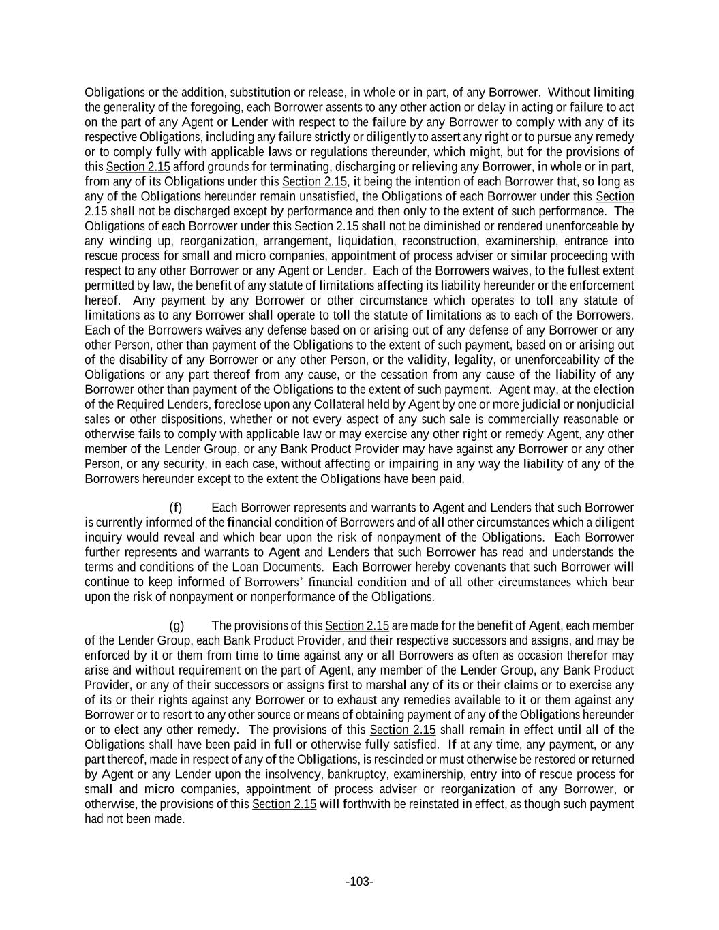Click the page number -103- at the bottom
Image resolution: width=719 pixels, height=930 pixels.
coord(359,882)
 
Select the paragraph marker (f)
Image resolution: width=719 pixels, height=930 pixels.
coord(176,508)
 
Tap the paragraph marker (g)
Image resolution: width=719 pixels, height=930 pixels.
coord(177,625)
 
